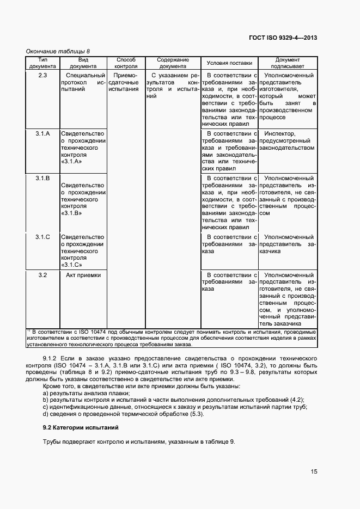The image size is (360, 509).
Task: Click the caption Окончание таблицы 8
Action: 58,51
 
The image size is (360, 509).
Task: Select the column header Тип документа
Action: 43,63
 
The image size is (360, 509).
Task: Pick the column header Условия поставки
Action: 229,63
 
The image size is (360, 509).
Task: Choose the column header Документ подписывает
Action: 288,63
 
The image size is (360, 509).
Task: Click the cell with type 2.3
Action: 43,75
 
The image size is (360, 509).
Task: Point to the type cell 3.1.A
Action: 43,133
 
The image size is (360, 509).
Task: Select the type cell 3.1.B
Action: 43,178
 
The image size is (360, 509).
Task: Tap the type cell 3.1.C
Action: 43,237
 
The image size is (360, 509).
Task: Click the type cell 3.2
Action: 43,275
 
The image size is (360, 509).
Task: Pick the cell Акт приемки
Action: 83,275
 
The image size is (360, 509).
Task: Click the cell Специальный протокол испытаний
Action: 83,82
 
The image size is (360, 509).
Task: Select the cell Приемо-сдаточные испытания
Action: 123,82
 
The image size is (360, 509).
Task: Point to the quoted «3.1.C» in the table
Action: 72,265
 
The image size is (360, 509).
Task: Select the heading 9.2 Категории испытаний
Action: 81,427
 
